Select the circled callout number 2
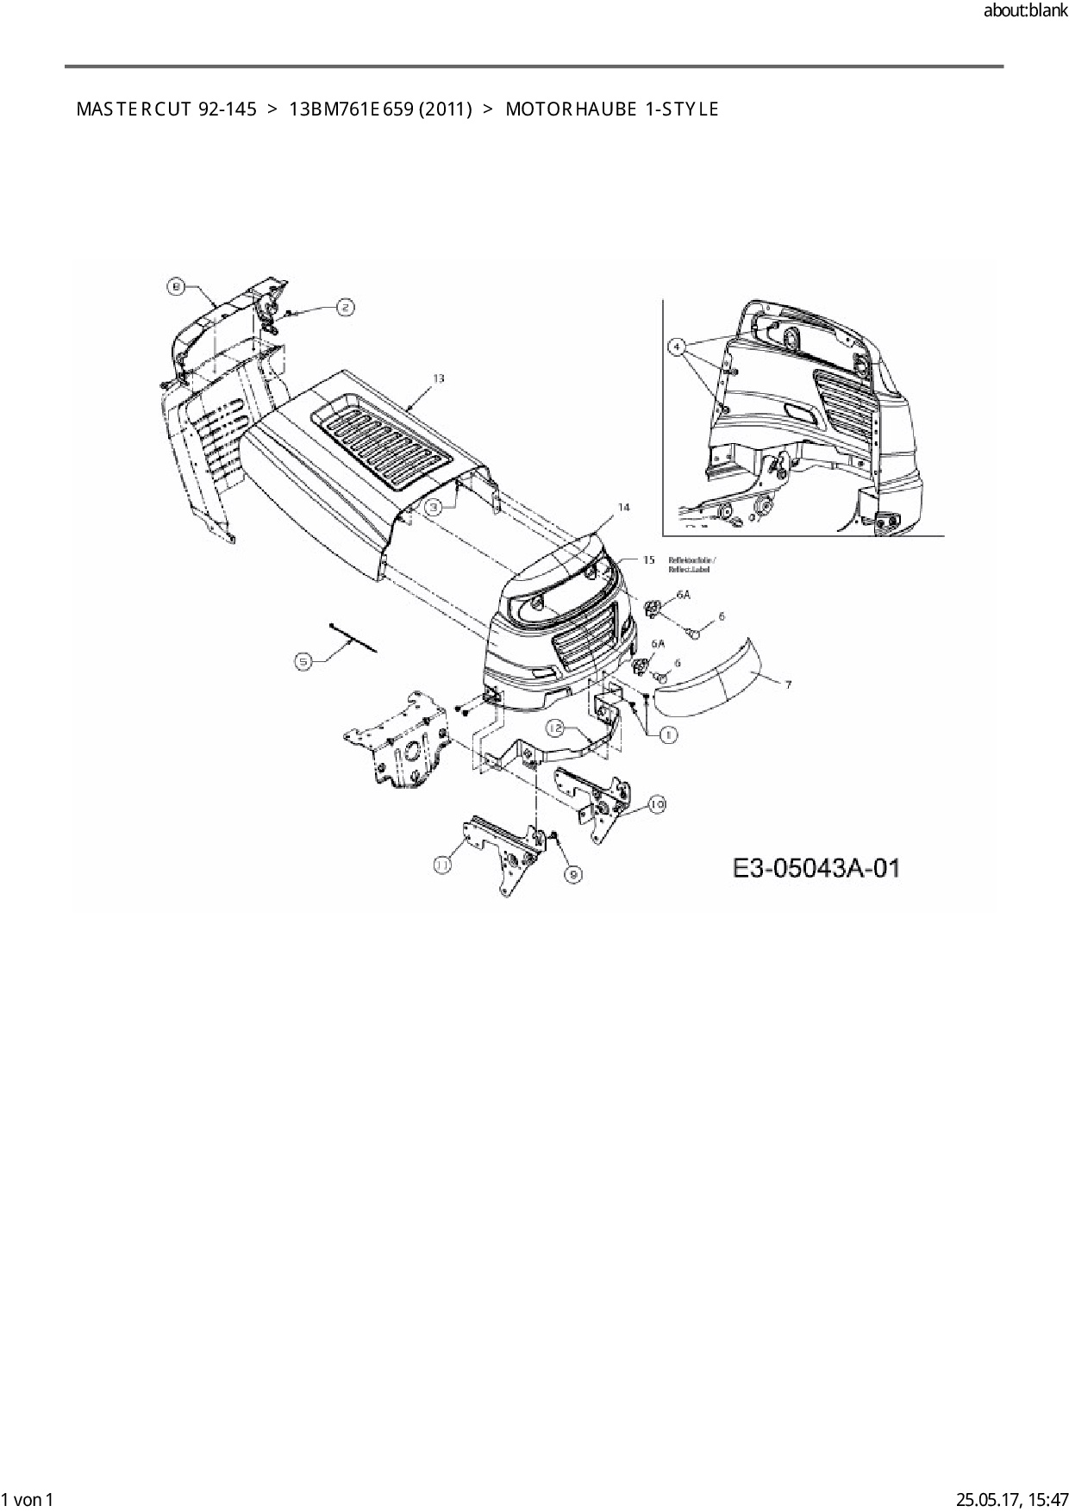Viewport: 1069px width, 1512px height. pos(344,308)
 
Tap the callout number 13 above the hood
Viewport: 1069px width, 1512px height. pos(439,378)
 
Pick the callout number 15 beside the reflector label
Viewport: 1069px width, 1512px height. pos(648,560)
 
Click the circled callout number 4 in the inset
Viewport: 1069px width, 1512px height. pos(678,347)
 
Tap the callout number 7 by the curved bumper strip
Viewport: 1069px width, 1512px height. pos(787,684)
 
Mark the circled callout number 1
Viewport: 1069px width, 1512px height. pos(668,734)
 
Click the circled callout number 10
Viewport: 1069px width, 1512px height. pos(656,804)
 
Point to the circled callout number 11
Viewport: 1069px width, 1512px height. pos(443,864)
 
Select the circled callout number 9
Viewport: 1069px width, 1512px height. pos(573,874)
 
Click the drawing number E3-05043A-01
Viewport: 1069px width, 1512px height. pos(816,867)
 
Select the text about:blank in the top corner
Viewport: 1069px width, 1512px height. pos(1025,11)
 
